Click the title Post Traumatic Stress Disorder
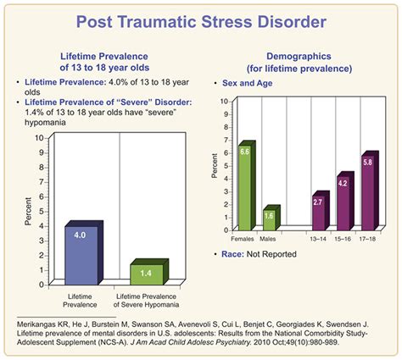click(x=201, y=20)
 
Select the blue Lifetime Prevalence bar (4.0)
click(x=83, y=254)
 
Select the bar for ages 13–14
click(x=317, y=213)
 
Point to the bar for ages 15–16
click(x=343, y=203)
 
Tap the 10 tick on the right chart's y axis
click(x=224, y=101)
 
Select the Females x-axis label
click(x=244, y=240)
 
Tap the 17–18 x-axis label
click(x=368, y=240)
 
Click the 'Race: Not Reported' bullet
click(x=276, y=254)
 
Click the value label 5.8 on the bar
click(x=367, y=160)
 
